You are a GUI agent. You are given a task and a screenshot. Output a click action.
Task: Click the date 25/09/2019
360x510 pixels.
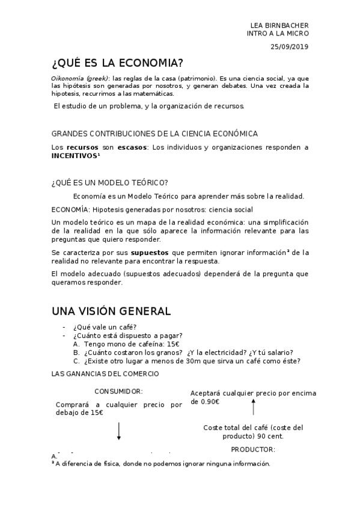(289, 46)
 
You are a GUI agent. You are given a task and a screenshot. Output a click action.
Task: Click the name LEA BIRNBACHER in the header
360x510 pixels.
(279, 25)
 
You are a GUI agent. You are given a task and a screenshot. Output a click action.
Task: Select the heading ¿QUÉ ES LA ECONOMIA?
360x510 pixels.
(117, 64)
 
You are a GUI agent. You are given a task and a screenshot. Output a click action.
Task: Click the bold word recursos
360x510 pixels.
(82, 147)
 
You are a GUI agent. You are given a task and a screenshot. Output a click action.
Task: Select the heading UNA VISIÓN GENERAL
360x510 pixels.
(111, 311)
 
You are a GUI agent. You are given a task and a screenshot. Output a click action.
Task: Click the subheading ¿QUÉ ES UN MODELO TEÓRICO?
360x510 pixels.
(110, 183)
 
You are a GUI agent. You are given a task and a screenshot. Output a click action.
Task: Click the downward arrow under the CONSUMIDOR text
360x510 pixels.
(119, 431)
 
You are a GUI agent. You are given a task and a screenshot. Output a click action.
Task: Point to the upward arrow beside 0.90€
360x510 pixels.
(253, 408)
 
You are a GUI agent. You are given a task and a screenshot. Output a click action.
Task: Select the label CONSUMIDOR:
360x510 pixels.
(118, 391)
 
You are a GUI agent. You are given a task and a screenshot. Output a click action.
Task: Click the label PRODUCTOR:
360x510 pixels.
(253, 449)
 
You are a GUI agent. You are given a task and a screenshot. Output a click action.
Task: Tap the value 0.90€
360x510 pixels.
(209, 402)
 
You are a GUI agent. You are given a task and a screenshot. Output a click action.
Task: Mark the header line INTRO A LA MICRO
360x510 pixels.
(278, 34)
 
